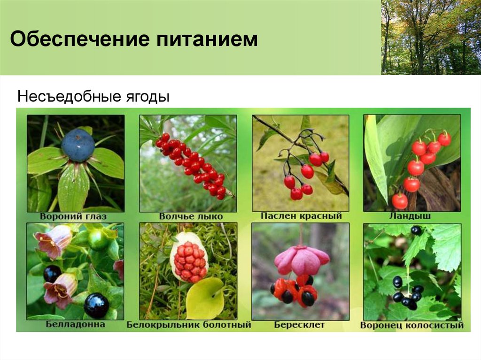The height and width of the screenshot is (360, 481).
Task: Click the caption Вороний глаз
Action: [x=74, y=217]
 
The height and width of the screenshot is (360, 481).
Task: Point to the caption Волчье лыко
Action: [x=187, y=217]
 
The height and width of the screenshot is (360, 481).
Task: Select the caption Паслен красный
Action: [x=301, y=216]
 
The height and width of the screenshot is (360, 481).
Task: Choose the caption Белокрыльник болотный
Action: [x=189, y=325]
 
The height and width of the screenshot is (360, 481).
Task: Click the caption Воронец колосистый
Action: [x=412, y=325]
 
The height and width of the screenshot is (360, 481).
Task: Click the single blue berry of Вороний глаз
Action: [x=77, y=145]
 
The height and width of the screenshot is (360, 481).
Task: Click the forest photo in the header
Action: [x=431, y=37]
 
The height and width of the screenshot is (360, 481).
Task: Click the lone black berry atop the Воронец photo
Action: [x=416, y=230]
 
